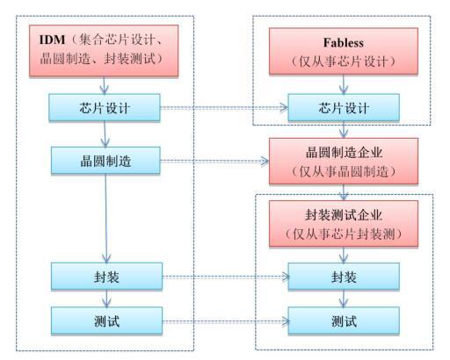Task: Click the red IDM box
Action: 104,51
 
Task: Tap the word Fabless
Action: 344,43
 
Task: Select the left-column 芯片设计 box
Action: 105,107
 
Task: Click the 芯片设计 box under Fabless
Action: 344,107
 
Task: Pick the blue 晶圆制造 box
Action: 105,161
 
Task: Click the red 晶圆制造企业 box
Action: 344,162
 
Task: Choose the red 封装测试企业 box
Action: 344,224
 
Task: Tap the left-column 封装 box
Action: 106,277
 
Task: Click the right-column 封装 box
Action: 344,277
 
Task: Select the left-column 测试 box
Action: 106,320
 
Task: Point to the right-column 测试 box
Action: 344,320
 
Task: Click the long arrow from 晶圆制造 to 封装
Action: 106,219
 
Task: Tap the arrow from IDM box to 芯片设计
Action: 104,85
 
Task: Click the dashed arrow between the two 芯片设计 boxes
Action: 224,107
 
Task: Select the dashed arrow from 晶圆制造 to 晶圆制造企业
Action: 214,161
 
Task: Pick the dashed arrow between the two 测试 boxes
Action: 226,321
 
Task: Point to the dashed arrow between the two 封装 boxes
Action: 226,277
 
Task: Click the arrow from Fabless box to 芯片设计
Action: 344,84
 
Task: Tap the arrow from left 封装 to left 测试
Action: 106,299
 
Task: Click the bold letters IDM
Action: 52,40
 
